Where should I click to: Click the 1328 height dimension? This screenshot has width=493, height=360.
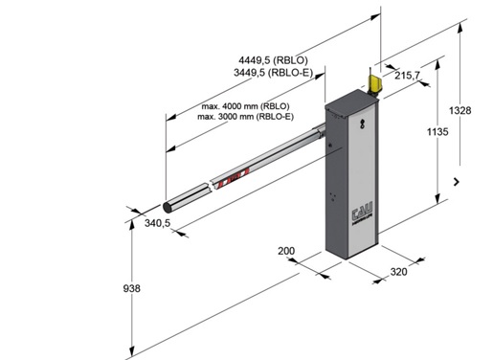coord(459,110)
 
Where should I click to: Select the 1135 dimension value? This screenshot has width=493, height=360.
coord(437,131)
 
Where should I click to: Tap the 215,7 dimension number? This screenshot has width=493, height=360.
coord(408,76)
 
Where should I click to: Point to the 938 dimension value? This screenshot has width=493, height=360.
coord(131,288)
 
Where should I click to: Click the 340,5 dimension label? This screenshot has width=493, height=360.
coord(158,223)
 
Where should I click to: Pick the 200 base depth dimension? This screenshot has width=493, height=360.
coord(286,251)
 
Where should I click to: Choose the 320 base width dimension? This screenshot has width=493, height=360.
coord(399,272)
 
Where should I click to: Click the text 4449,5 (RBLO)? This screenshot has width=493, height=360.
coord(273,60)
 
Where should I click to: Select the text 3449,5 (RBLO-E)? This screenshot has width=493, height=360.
coord(273,73)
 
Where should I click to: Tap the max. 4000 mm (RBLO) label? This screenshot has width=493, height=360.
coord(245,106)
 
